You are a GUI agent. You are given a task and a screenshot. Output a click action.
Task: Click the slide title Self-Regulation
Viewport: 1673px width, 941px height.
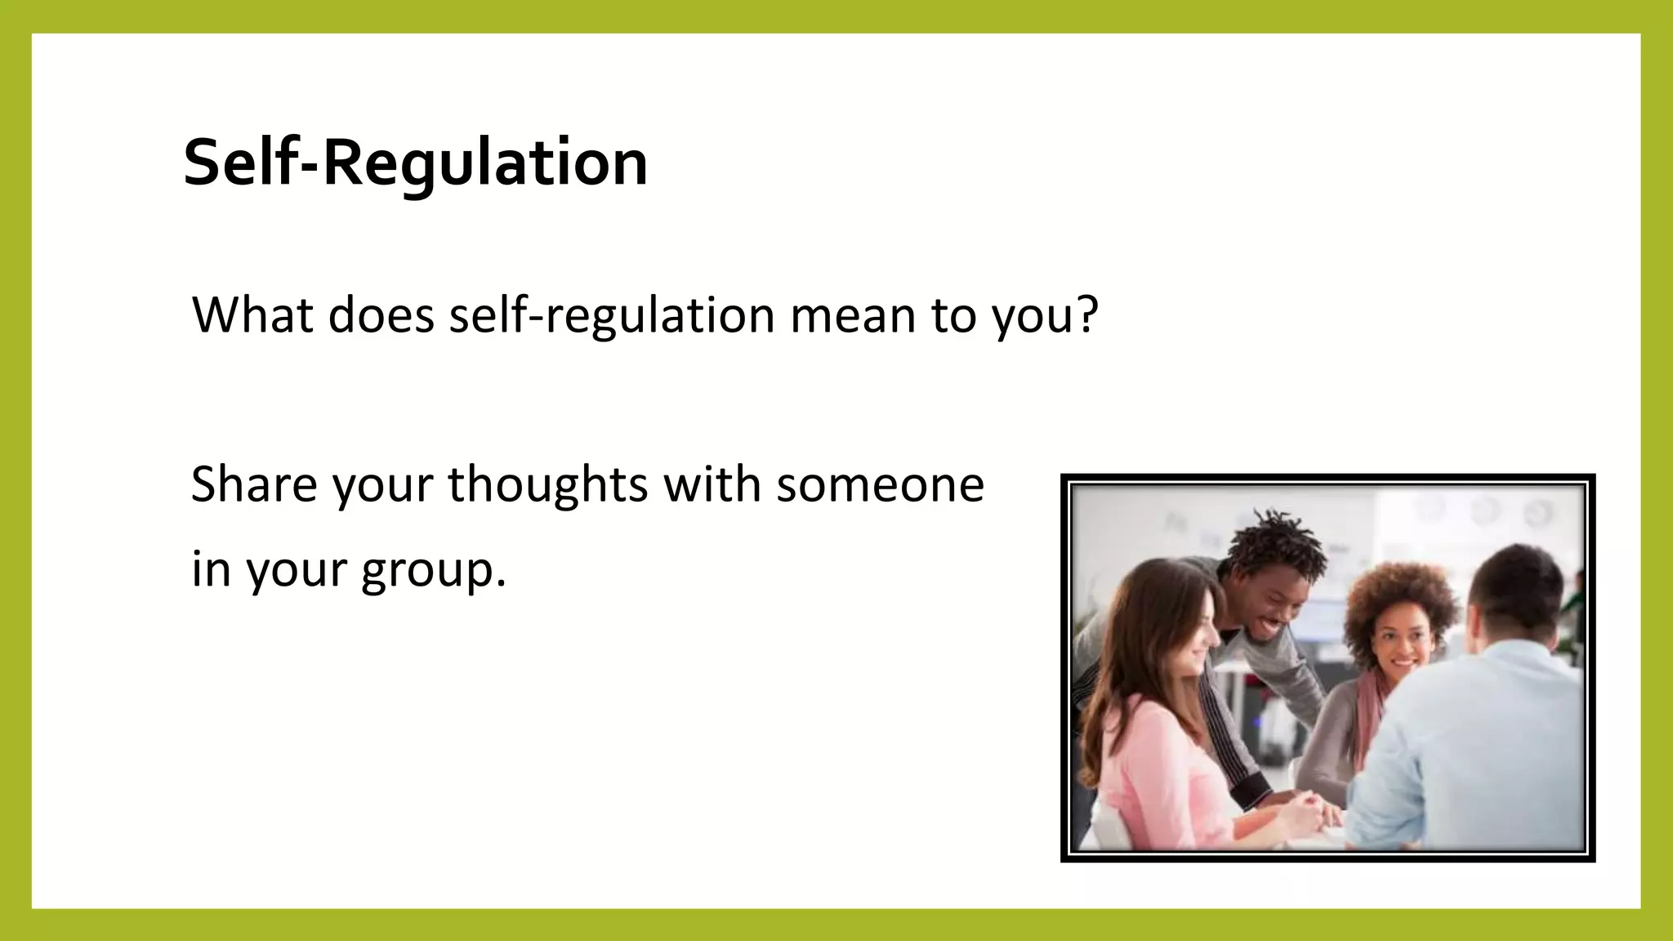(x=415, y=162)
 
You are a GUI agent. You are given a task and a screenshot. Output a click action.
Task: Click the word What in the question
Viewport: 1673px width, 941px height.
(x=252, y=314)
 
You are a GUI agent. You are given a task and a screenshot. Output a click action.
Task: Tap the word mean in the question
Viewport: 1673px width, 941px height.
(x=852, y=314)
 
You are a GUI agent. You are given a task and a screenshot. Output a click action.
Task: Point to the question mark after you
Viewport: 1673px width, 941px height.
(x=1086, y=314)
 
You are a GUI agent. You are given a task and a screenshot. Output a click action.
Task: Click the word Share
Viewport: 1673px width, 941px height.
(x=253, y=484)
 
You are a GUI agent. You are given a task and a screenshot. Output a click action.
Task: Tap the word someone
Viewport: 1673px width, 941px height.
(x=880, y=484)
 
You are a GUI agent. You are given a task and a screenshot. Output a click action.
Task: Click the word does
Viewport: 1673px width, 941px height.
(x=381, y=314)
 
